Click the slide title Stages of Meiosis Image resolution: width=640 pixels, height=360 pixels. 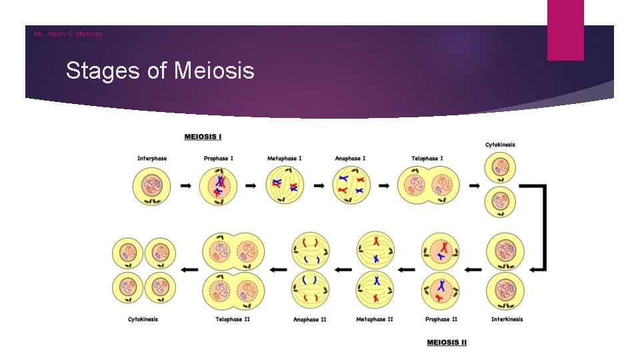coord(160,70)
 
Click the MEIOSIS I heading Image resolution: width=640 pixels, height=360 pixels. coord(203,137)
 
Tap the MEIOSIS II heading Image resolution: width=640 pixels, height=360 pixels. coord(447,342)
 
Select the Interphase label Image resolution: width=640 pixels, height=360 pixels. coord(152,159)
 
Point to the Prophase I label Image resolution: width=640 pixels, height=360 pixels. coord(218,159)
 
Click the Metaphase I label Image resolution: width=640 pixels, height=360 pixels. coord(284,159)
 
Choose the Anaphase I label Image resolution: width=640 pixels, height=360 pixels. coord(350,159)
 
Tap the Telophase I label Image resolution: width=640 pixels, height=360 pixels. coord(427,159)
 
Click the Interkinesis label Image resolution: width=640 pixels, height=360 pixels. coord(507,319)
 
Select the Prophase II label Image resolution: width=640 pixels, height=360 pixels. coord(441,319)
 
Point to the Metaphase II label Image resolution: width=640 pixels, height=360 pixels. coord(375,319)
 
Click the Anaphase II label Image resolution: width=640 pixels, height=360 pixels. coord(309,319)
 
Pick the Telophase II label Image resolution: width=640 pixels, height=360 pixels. coord(233,319)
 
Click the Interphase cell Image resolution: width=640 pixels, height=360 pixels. coord(152,185)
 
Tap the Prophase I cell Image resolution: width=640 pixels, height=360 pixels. coord(219,185)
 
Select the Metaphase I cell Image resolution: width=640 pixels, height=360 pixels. coord(285,185)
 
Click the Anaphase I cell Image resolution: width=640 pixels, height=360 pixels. coord(351,185)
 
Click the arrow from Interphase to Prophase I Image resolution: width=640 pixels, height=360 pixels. coord(186,185)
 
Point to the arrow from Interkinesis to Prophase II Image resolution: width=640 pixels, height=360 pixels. coord(473,270)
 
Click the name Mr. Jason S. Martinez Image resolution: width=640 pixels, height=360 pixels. coord(69,34)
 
